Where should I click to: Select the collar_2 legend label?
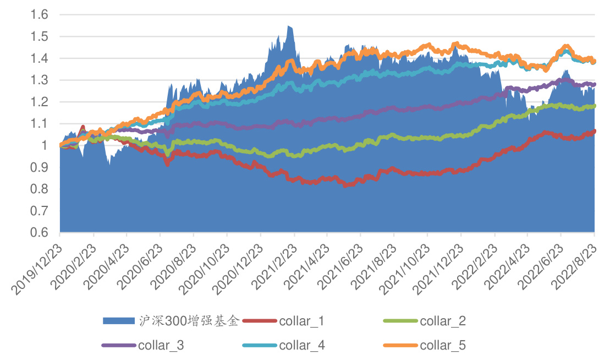pos(443,321)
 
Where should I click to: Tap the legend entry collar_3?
pos(161,345)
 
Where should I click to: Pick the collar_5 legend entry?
pos(443,345)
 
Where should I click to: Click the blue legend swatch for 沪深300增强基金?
pos(119,321)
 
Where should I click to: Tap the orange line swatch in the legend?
pos(400,345)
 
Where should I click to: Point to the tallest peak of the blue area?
pos(288,26)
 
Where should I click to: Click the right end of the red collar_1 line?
pos(595,131)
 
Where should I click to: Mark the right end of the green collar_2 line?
pos(595,106)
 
